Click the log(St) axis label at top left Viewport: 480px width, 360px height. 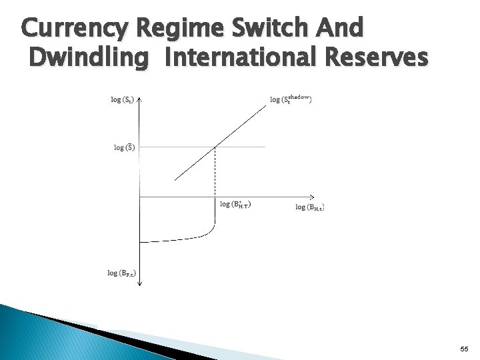click(122, 100)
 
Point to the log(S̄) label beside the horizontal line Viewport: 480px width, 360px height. click(124, 147)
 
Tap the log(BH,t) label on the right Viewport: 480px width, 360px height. click(310, 207)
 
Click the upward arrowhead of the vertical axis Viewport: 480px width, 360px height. click(140, 99)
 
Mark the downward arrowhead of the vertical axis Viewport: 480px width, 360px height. click(140, 285)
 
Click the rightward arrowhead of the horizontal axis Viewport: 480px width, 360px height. click(288, 196)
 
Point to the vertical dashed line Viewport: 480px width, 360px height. click(215, 172)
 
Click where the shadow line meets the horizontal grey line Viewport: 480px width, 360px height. click(215, 146)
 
